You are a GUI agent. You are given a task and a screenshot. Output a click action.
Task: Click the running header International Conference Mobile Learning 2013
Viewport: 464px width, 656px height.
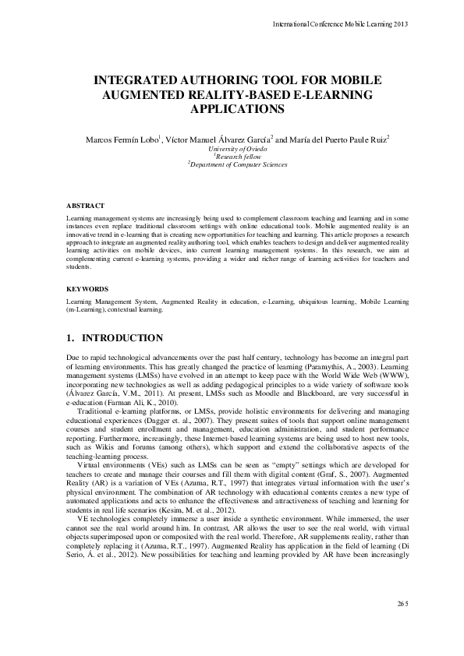(x=341, y=24)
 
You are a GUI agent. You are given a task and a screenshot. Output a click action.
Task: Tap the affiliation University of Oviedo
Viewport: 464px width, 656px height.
(x=232, y=148)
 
